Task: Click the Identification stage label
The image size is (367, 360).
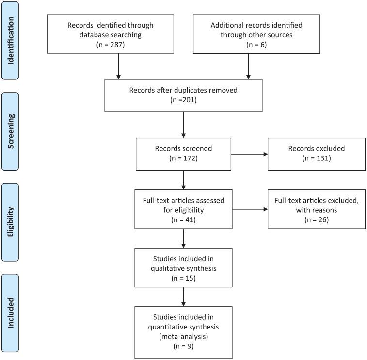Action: pyautogui.click(x=10, y=40)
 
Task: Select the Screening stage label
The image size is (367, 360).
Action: pyautogui.click(x=10, y=131)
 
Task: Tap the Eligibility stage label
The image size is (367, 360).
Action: pyautogui.click(x=10, y=222)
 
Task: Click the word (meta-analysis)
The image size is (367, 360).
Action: pyautogui.click(x=184, y=338)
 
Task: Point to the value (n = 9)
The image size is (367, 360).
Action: pyautogui.click(x=184, y=347)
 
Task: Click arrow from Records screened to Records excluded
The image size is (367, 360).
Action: pyautogui.click(x=250, y=155)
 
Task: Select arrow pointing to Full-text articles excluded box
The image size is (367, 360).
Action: pyautogui.click(x=250, y=210)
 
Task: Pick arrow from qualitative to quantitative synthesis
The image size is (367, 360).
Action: pyautogui.click(x=184, y=297)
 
